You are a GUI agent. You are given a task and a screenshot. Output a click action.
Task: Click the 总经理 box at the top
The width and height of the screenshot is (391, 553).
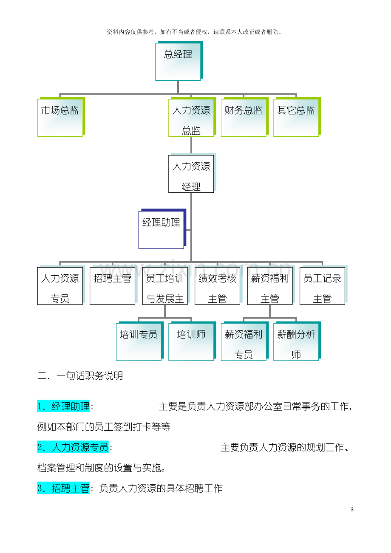point(179,61)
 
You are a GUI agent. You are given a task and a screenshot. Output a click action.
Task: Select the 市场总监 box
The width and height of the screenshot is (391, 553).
point(61,117)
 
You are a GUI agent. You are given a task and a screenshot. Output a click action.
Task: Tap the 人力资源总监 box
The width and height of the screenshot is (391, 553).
point(192,117)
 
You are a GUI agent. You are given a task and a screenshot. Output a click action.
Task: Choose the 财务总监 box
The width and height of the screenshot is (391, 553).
point(244,117)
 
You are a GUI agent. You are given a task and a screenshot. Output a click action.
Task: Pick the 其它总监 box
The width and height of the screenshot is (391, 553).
point(297,117)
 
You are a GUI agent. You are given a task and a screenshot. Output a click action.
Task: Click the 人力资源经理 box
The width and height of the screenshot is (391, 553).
point(192,173)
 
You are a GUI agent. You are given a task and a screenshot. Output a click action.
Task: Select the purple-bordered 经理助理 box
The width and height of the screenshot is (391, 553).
point(162,229)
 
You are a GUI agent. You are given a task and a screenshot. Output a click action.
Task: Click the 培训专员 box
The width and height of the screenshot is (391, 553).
point(139,341)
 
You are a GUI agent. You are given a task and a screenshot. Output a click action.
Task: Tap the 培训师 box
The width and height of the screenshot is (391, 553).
point(192,341)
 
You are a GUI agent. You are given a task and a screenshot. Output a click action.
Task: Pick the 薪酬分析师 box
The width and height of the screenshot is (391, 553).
point(297,341)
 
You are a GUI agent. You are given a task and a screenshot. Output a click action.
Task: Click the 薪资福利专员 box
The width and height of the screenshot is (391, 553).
point(244,341)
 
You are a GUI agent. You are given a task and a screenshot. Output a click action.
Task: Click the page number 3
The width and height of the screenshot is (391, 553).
point(352,509)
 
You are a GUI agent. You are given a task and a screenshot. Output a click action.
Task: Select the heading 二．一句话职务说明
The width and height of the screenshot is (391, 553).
point(80,376)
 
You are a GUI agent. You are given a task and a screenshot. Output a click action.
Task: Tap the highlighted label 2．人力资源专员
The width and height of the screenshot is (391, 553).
point(73,447)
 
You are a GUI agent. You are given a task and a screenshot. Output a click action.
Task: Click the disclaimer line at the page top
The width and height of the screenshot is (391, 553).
point(194,32)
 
